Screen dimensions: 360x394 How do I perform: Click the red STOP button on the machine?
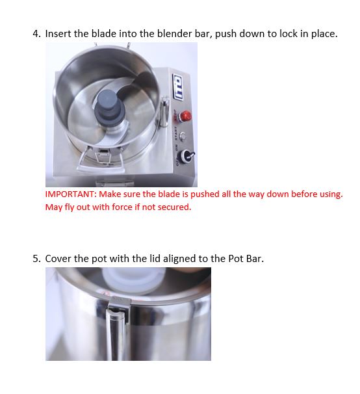pyautogui.click(x=185, y=116)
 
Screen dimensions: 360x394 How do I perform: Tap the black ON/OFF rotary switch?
pyautogui.click(x=187, y=155)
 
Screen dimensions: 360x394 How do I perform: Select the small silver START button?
pyautogui.click(x=183, y=136)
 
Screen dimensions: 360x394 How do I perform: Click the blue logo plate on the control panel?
pyautogui.click(x=178, y=87)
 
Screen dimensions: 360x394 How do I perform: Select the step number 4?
pyautogui.click(x=36, y=34)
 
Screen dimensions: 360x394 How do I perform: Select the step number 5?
pyautogui.click(x=36, y=259)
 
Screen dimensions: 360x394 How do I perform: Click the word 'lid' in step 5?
pyautogui.click(x=155, y=259)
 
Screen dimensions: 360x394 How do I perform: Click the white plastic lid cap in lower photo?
pyautogui.click(x=134, y=280)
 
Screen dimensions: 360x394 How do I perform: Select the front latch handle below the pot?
pyautogui.click(x=101, y=161)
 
